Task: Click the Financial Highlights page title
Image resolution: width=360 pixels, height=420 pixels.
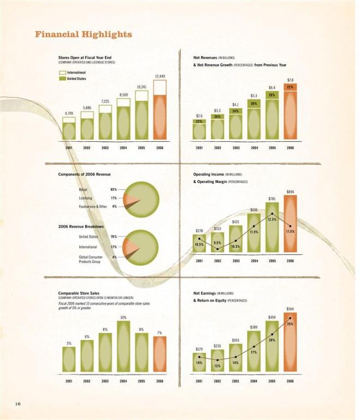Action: (x=83, y=34)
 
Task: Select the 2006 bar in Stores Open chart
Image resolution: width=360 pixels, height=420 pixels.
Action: (x=159, y=110)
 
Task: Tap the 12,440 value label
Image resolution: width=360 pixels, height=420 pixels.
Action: (x=160, y=76)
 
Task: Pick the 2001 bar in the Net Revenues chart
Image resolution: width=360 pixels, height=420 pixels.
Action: (x=200, y=129)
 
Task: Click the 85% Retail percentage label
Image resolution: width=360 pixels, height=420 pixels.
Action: (x=114, y=189)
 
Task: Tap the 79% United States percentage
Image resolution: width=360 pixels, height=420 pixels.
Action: (x=114, y=237)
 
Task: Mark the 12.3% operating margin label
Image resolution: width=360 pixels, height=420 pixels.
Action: (x=272, y=219)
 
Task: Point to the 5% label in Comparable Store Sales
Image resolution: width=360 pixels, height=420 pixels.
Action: (x=69, y=343)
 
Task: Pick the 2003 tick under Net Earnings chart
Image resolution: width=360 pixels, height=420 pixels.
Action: (x=236, y=382)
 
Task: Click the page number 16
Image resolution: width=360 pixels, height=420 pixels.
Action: (x=17, y=403)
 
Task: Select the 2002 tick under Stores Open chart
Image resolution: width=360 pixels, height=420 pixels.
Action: (x=87, y=148)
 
